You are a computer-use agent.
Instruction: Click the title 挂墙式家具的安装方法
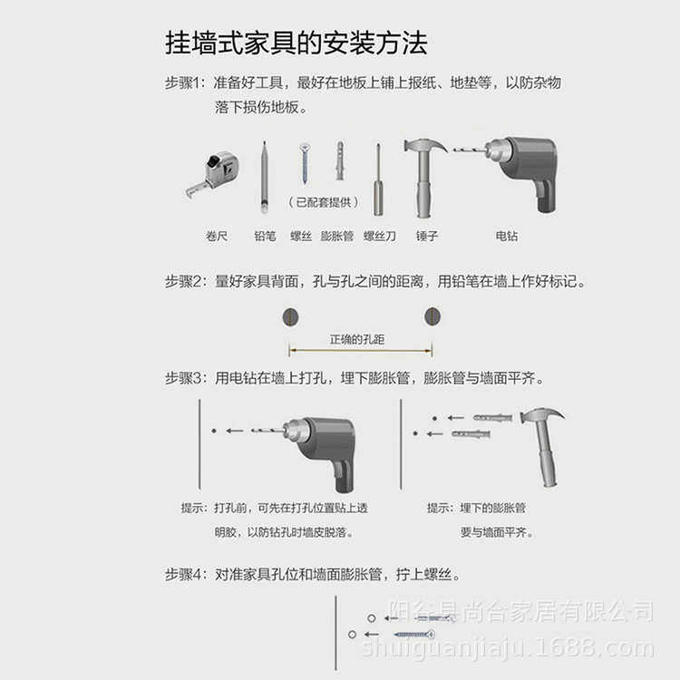(296, 43)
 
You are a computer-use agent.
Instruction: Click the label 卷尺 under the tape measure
(217, 236)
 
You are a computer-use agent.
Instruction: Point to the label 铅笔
(265, 236)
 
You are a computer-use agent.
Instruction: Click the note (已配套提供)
(323, 201)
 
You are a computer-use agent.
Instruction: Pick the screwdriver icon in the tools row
(378, 180)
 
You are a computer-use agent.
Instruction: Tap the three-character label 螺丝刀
(380, 236)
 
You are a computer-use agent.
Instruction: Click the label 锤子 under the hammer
(427, 236)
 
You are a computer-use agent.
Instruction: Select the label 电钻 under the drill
(507, 236)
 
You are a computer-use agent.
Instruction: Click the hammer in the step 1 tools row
(423, 177)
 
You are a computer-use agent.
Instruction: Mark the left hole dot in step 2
(290, 316)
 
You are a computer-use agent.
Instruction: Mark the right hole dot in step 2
(432, 316)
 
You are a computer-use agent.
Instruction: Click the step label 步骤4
(186, 575)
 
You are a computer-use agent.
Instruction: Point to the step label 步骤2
(186, 282)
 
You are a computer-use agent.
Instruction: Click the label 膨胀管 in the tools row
(337, 236)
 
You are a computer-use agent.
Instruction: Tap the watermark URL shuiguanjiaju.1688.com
(508, 647)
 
